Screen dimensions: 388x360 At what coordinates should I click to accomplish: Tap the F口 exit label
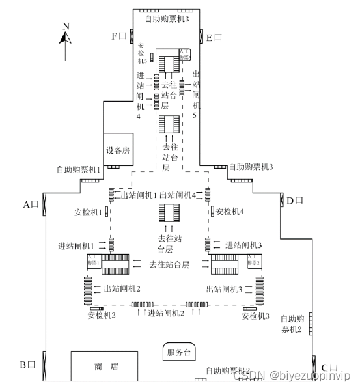point(119,36)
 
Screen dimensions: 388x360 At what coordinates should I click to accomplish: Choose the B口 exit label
point(27,365)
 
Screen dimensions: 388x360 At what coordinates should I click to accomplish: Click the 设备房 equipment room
point(118,151)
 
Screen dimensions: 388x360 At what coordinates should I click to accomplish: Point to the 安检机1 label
point(88,212)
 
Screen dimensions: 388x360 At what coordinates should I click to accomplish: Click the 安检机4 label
point(229,211)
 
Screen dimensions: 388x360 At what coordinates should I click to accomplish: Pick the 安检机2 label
point(102,316)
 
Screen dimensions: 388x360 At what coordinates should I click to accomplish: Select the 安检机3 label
point(255,316)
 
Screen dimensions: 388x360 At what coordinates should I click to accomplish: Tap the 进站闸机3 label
point(243,245)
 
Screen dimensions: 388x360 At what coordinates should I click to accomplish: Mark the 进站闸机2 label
point(167,313)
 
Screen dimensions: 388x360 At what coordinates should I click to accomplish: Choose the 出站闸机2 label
point(122,288)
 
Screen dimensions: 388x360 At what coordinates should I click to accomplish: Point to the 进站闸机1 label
point(77,245)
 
